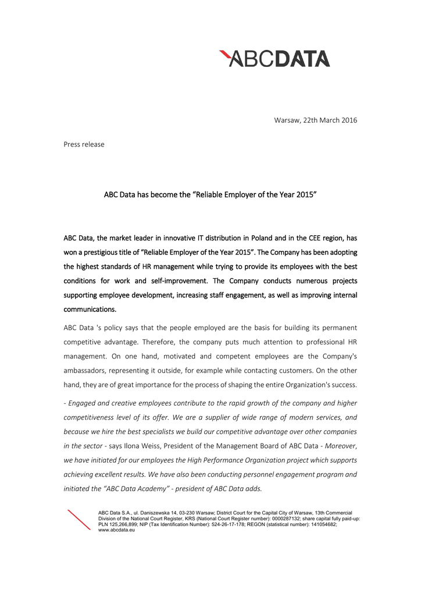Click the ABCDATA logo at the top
coord(274,58)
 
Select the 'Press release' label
coord(84,144)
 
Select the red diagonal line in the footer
coord(79,520)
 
